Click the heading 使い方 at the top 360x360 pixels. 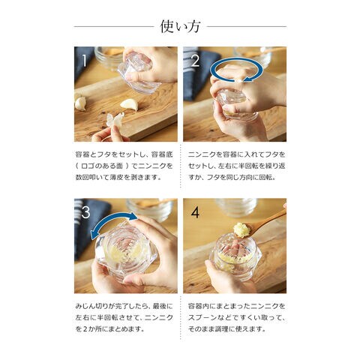coord(180,26)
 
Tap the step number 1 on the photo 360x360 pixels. coord(85,61)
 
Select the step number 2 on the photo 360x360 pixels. coord(196,61)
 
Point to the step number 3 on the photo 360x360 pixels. coord(85,212)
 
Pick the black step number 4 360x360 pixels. coord(195,212)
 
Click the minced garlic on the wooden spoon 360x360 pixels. coord(241,230)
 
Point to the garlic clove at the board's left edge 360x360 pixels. coord(80,103)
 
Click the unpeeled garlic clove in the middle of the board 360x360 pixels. coord(129,104)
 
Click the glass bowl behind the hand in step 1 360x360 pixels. coord(107,58)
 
